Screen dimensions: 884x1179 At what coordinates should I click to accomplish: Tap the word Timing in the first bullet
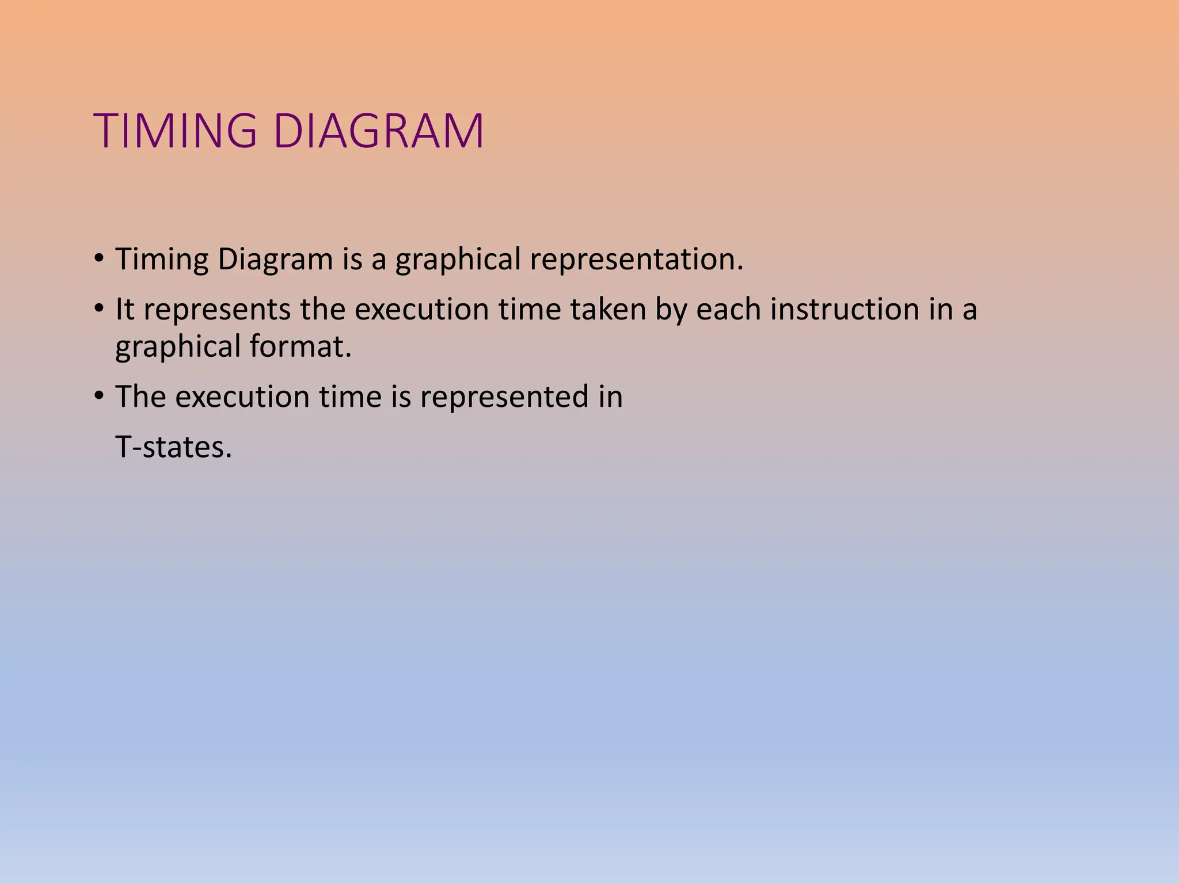pyautogui.click(x=162, y=259)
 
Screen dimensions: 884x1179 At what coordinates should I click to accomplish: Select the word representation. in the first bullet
pyautogui.click(x=636, y=259)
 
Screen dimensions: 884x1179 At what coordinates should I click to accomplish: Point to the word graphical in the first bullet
pyautogui.click(x=458, y=260)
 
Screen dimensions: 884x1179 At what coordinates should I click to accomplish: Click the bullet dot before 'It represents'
pyautogui.click(x=100, y=308)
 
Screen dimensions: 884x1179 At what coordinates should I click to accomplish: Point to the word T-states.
pyautogui.click(x=173, y=447)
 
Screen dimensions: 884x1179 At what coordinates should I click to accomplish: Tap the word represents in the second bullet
pyautogui.click(x=217, y=310)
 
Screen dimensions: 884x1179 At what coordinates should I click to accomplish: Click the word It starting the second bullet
pyautogui.click(x=124, y=309)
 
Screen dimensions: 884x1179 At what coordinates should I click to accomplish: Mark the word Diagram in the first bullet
pyautogui.click(x=275, y=260)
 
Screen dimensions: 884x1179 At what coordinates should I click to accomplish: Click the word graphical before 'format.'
pyautogui.click(x=177, y=348)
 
